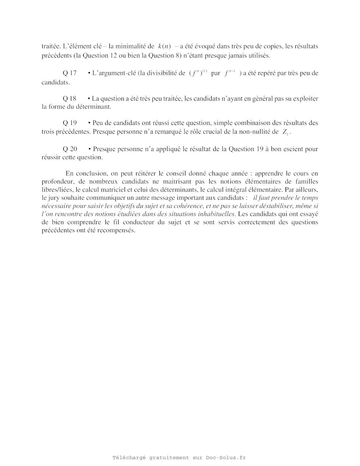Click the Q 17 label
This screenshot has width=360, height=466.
[x=70, y=73]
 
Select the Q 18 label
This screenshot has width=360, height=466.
[x=70, y=98]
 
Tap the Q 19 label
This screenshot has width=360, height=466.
[x=70, y=123]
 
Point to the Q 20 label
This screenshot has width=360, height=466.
[x=70, y=149]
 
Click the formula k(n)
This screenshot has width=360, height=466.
[x=164, y=46]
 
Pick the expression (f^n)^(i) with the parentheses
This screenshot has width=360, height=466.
[x=198, y=73]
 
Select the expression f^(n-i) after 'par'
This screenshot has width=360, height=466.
[x=230, y=73]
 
